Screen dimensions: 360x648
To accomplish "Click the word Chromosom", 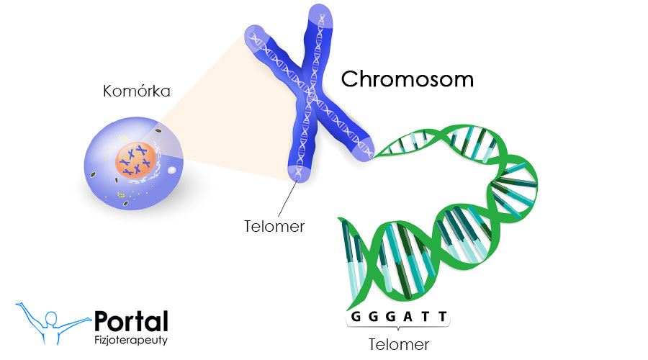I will (x=407, y=78).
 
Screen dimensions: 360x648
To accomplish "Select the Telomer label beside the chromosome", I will (x=274, y=226).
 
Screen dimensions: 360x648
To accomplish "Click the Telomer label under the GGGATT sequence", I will (x=399, y=343).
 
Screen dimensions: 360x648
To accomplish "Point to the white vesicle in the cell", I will (x=172, y=171).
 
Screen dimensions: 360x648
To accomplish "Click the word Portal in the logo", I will (x=131, y=322).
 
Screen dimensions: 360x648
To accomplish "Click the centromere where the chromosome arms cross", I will (x=310, y=104).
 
